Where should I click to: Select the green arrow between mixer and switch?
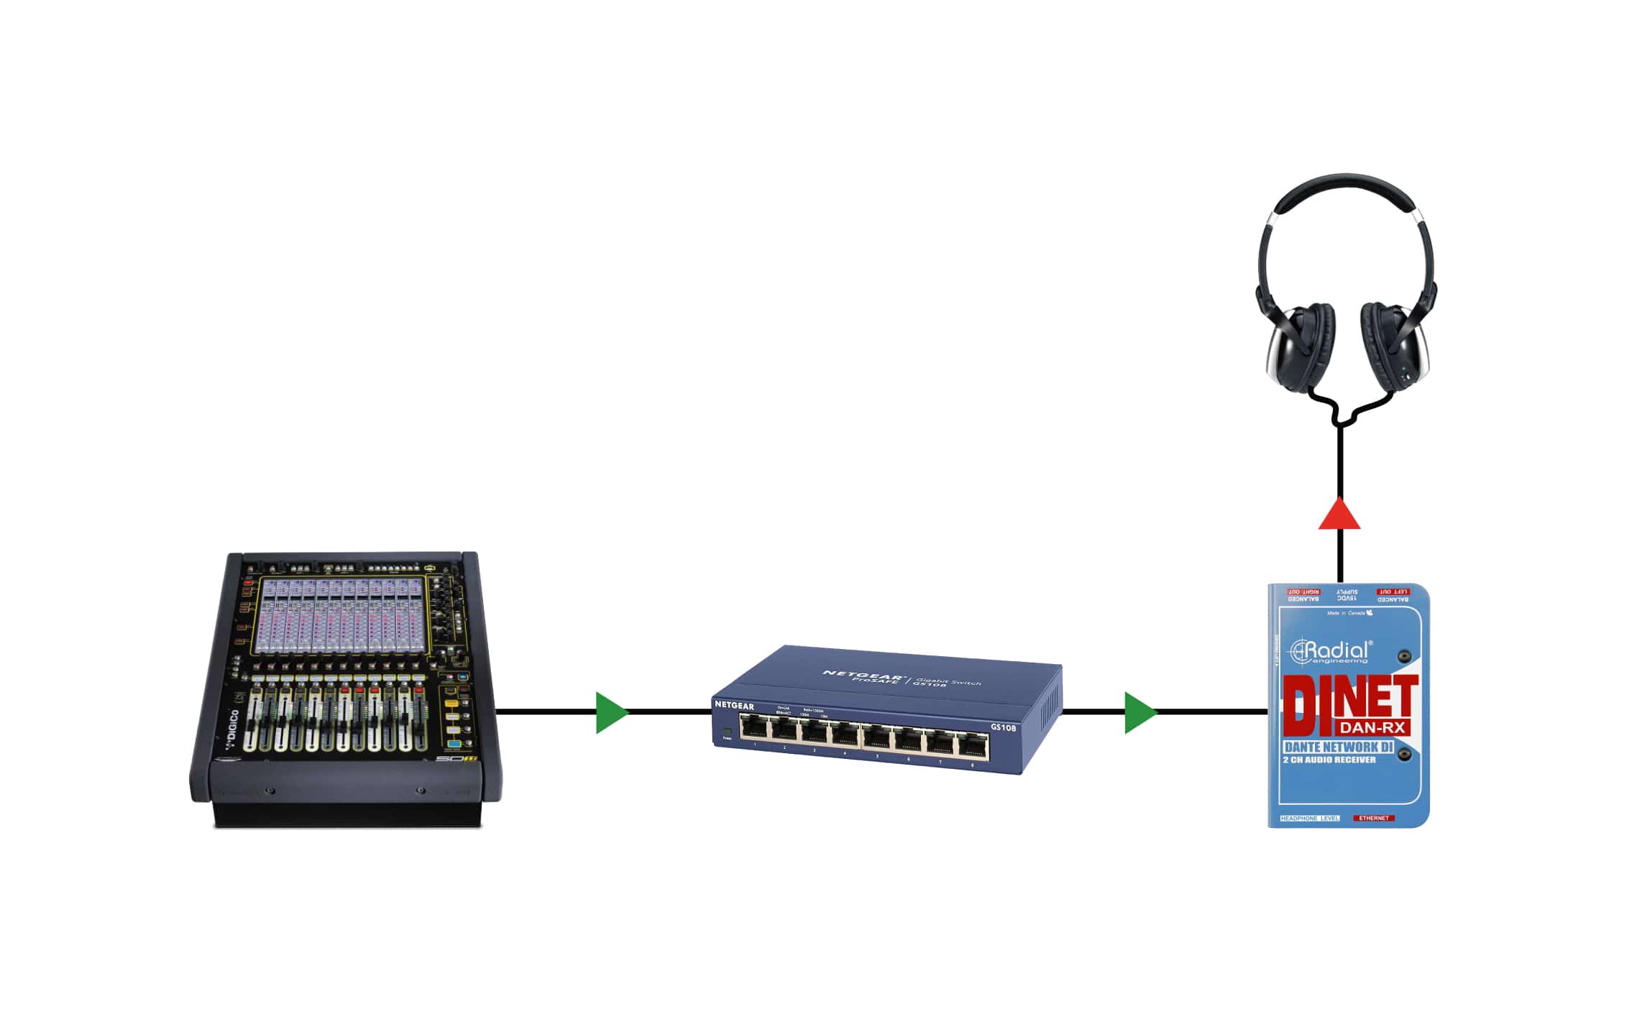coord(611,712)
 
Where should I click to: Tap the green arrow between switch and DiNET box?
coord(1140,712)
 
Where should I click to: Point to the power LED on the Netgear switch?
coord(727,732)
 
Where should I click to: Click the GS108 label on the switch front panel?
coord(1003,727)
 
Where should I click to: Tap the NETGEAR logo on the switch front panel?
coord(734,706)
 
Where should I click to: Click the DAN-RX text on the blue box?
coord(1372,727)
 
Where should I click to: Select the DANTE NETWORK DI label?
coord(1338,747)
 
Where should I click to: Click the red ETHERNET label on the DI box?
coord(1374,818)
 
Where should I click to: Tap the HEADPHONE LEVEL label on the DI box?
coord(1310,818)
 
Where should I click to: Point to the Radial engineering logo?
coord(1330,651)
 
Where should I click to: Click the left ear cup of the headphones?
coord(1297,348)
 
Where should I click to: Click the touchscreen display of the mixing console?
coord(339,615)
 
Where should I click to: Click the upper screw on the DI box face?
coord(1403,656)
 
